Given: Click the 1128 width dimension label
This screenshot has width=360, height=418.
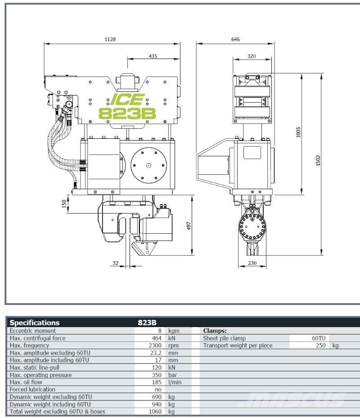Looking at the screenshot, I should (110, 39).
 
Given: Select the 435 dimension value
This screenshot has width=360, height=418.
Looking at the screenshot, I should (153, 56).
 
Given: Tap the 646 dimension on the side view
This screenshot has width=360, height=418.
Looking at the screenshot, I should (235, 39).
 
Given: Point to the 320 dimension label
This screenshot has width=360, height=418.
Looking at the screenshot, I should (252, 56).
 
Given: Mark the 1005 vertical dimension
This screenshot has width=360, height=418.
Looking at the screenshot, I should (299, 132).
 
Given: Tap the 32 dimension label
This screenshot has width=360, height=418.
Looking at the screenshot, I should (116, 263).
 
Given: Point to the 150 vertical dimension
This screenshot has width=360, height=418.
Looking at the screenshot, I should (63, 204).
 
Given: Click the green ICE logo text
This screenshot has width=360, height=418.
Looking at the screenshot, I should (127, 99).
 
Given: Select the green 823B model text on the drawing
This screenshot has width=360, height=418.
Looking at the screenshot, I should (127, 113).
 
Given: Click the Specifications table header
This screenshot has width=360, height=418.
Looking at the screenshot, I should (35, 323).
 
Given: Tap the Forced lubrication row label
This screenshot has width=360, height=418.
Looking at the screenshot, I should (32, 389).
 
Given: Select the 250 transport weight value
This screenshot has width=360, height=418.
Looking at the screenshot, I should (320, 345).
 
